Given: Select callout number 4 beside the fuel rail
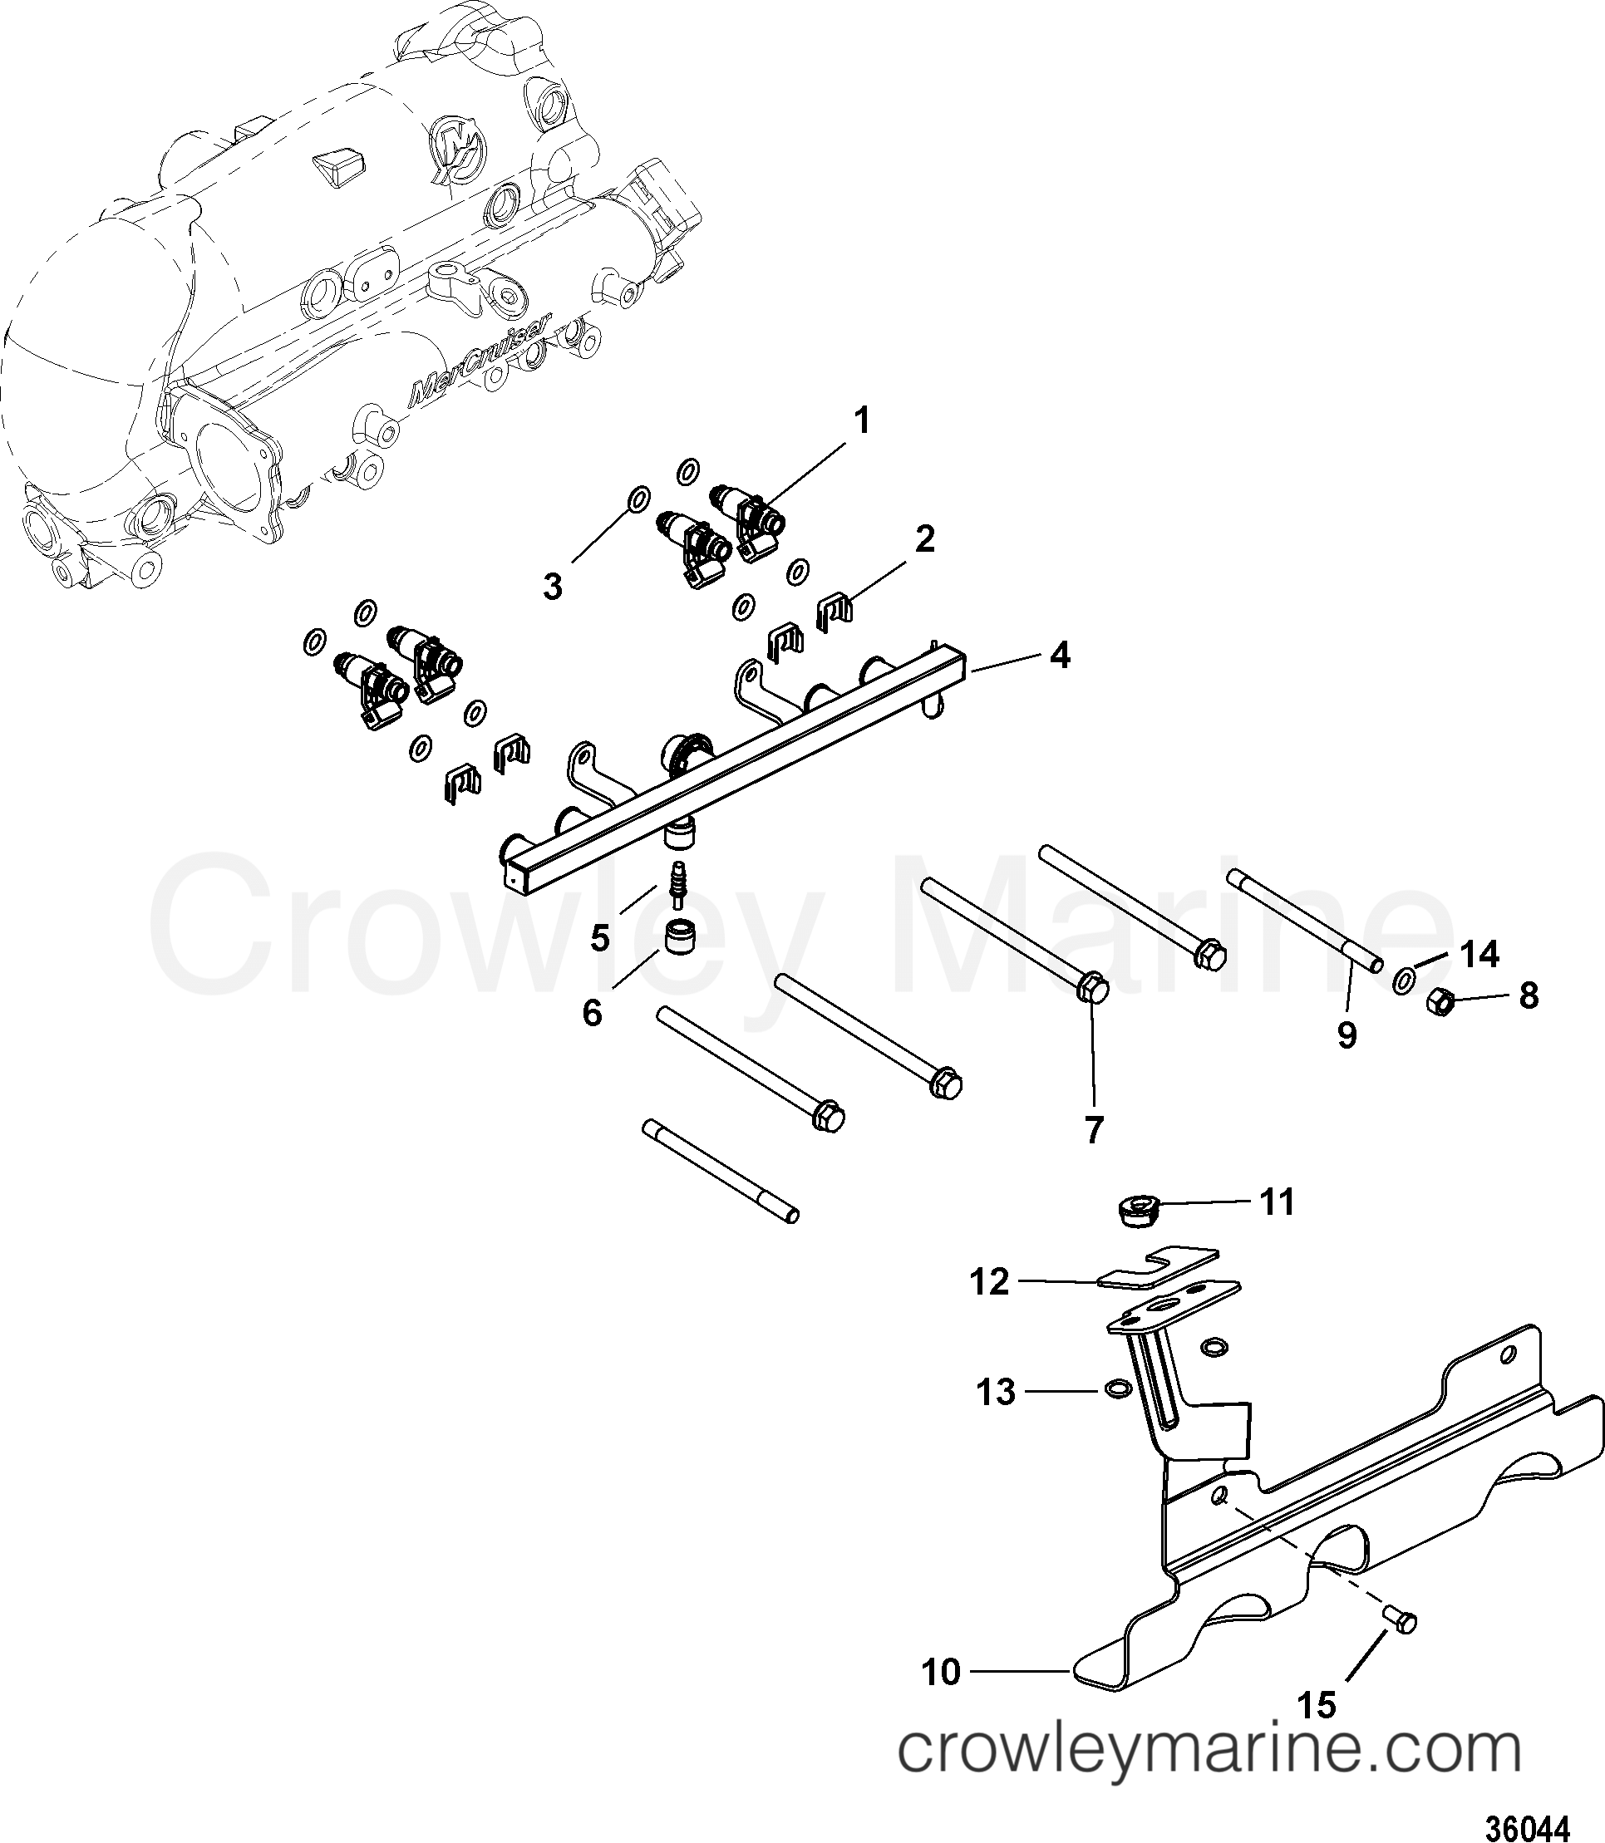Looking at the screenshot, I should [1060, 656].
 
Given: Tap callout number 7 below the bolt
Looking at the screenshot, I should [1094, 1130].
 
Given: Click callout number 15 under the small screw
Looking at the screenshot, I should [1317, 1706].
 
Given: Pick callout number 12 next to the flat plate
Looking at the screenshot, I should [990, 1282].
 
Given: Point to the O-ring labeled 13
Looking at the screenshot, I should [1117, 1389].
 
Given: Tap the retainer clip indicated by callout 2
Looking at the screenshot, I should [835, 611].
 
